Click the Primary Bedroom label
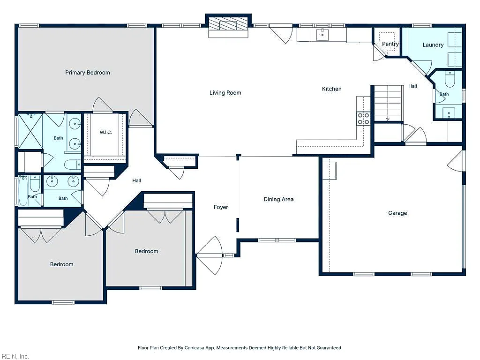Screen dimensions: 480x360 coord(88,73)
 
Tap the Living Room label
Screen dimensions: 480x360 coord(225,93)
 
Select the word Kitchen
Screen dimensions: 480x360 coord(331,89)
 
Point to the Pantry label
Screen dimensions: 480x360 coord(390,44)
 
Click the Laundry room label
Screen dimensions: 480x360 coord(433,45)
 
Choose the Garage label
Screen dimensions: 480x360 coord(397,213)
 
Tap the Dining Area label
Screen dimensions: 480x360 coord(278,199)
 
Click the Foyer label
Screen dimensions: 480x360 coord(221,207)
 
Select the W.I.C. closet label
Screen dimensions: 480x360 coord(105,132)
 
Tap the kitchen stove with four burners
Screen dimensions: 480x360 coord(363,119)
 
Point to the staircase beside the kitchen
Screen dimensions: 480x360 coord(388,103)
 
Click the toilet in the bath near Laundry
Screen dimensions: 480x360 coord(450,79)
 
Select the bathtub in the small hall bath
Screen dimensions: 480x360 coord(23,190)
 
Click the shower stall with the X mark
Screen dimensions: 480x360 coord(30,131)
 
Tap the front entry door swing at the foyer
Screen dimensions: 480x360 coord(210,255)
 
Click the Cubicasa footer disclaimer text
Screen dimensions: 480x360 coord(240,348)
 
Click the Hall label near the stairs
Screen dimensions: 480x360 coord(412,86)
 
